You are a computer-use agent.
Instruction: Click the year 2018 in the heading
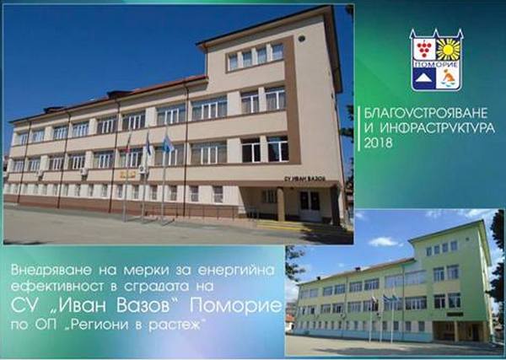(x=378, y=142)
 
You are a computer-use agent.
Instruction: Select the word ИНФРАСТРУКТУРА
(x=437, y=128)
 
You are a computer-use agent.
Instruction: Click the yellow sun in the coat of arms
(x=449, y=50)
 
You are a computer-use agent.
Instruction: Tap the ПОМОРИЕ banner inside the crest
(x=436, y=65)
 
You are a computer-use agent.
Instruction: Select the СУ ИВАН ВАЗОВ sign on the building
(x=304, y=179)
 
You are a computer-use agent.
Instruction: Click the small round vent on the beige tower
(x=301, y=39)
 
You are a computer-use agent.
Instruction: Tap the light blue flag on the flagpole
(x=168, y=144)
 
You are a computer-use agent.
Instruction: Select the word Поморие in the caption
(x=235, y=305)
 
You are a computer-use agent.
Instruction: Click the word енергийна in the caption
(x=236, y=270)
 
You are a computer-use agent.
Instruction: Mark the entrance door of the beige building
(x=310, y=206)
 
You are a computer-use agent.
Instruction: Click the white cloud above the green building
(x=384, y=242)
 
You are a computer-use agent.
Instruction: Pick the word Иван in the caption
(x=85, y=305)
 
